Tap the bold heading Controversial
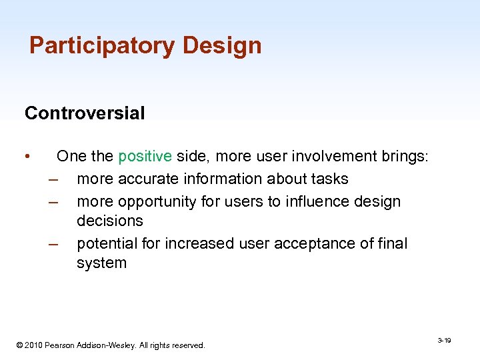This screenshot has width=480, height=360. pyautogui.click(x=85, y=113)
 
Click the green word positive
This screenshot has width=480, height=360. pyautogui.click(x=145, y=157)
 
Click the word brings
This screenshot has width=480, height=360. pyautogui.click(x=403, y=157)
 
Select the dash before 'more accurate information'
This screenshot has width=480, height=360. pyautogui.click(x=53, y=179)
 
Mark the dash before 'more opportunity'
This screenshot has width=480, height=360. pyautogui.click(x=53, y=201)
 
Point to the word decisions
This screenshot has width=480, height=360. pyautogui.click(x=110, y=221)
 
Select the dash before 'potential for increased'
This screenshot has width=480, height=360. pyautogui.click(x=53, y=243)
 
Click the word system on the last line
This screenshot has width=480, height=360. pyautogui.click(x=101, y=263)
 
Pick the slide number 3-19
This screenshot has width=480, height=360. pyautogui.click(x=444, y=341)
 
